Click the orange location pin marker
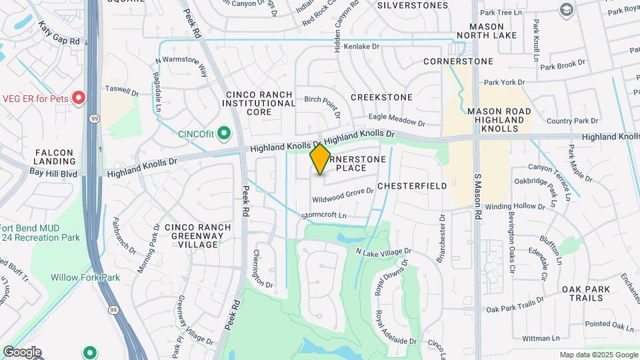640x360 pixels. (x=321, y=159)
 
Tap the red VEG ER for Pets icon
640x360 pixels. (x=79, y=99)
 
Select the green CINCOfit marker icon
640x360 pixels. (x=225, y=133)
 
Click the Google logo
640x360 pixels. (x=22, y=352)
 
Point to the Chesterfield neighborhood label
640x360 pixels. (x=411, y=187)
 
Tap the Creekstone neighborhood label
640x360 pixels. (x=381, y=97)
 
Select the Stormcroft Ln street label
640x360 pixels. (x=324, y=215)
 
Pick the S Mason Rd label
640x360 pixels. (x=478, y=198)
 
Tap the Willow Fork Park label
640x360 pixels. (x=85, y=277)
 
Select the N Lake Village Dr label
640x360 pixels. (x=383, y=252)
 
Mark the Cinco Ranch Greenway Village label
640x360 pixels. (x=198, y=236)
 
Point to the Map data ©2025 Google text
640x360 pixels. (x=599, y=355)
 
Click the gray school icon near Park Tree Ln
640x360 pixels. (x=567, y=9)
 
